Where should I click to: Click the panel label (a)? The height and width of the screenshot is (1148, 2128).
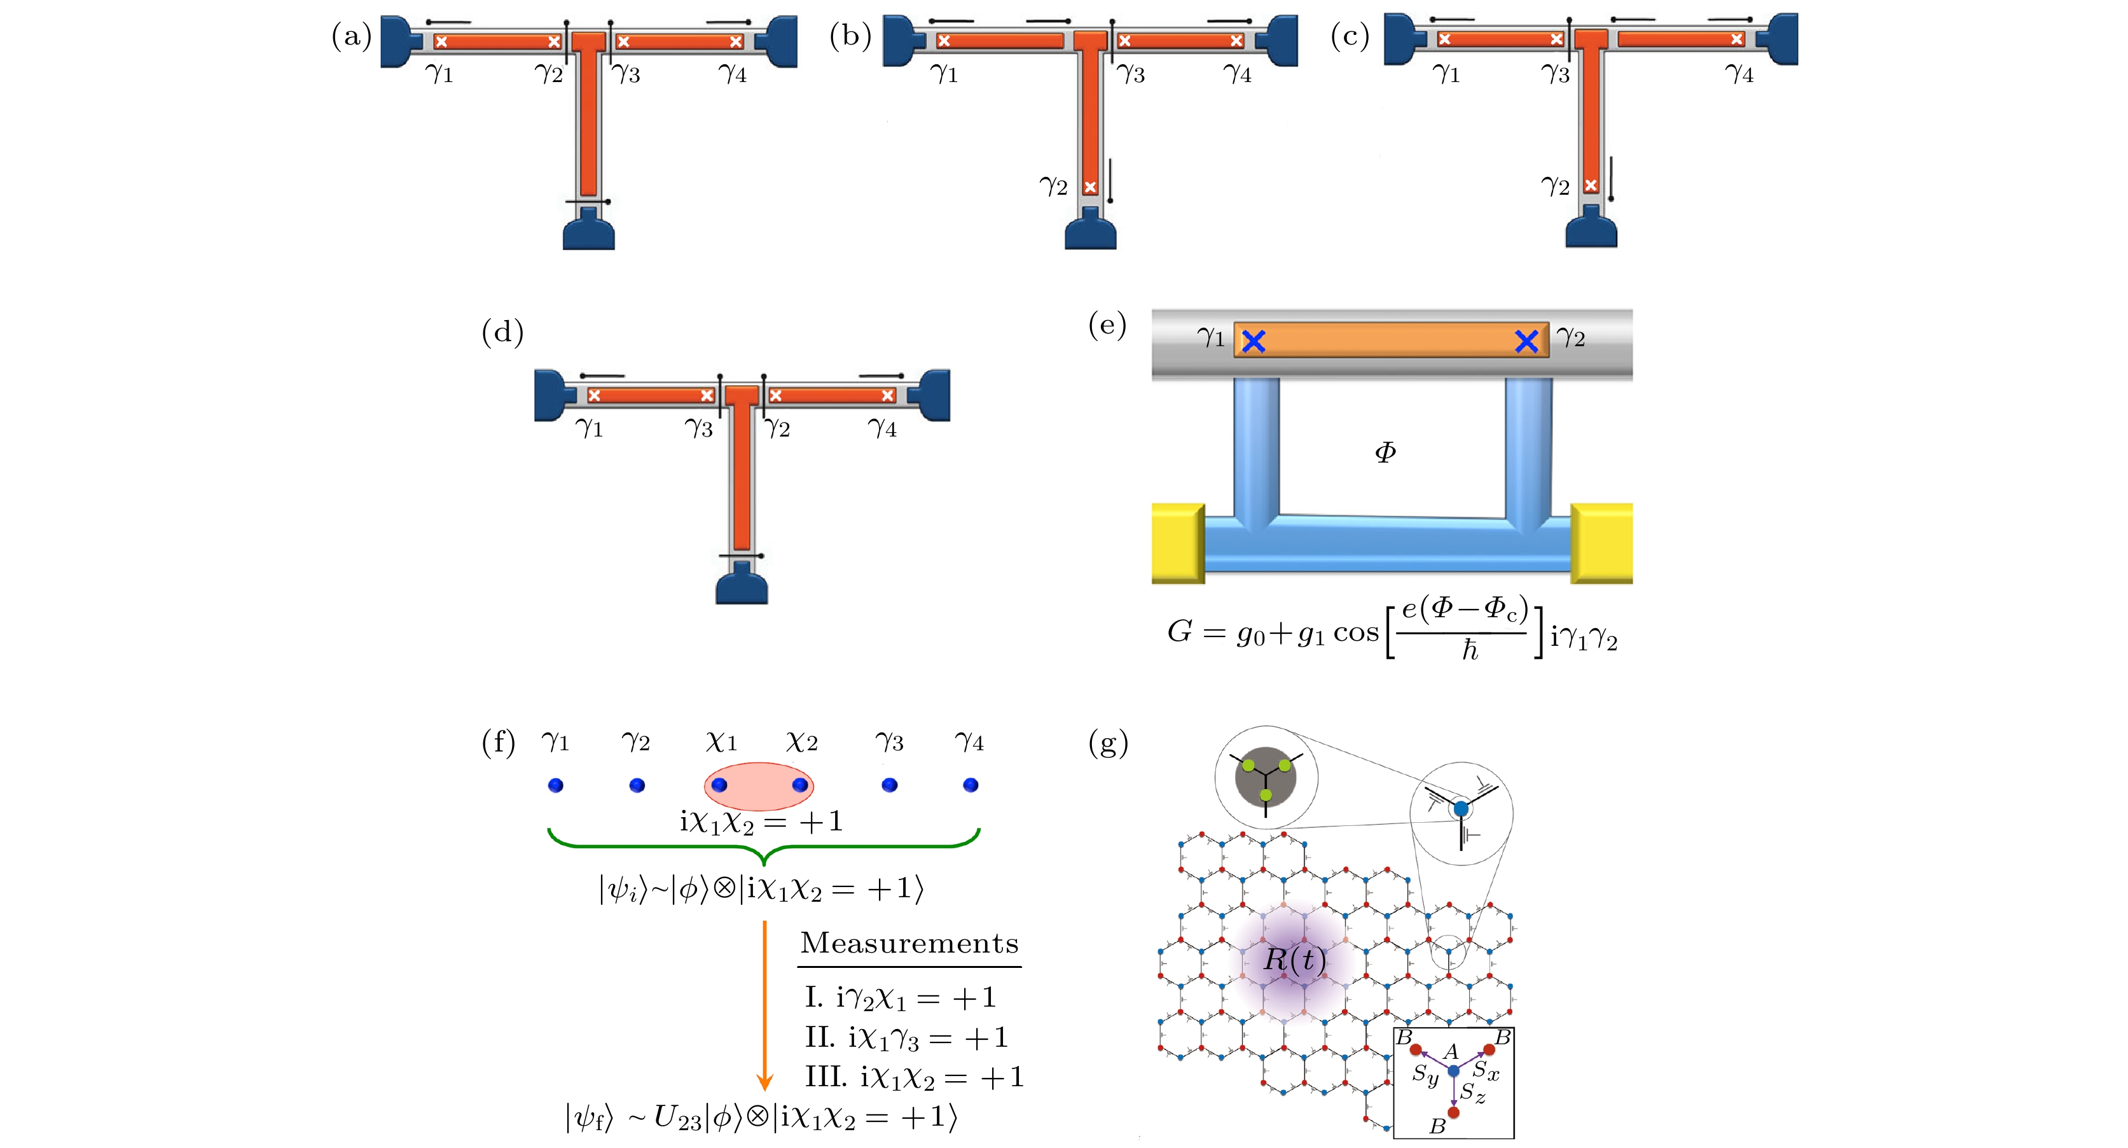351,37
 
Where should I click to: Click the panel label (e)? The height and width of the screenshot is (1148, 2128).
1108,326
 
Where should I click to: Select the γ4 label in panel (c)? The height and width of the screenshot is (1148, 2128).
1739,74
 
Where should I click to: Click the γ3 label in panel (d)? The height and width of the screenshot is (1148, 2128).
698,428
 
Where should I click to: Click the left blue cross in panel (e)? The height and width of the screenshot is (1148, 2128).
1253,341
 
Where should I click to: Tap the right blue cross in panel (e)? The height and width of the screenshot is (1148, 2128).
1526,341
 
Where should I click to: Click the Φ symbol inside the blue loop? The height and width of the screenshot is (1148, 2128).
1385,452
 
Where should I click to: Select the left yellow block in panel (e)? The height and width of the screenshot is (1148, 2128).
1178,543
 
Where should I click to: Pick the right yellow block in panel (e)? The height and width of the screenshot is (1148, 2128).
1602,543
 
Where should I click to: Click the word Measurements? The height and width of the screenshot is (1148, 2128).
909,943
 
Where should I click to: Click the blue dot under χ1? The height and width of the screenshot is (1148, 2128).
719,785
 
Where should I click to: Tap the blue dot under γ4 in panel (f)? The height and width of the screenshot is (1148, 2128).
971,785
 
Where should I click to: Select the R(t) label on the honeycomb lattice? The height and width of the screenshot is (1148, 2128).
1294,960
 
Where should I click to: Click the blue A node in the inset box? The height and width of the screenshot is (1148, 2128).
1454,1071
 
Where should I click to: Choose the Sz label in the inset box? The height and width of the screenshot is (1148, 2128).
1472,1093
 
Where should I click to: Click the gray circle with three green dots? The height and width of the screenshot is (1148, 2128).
1266,777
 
